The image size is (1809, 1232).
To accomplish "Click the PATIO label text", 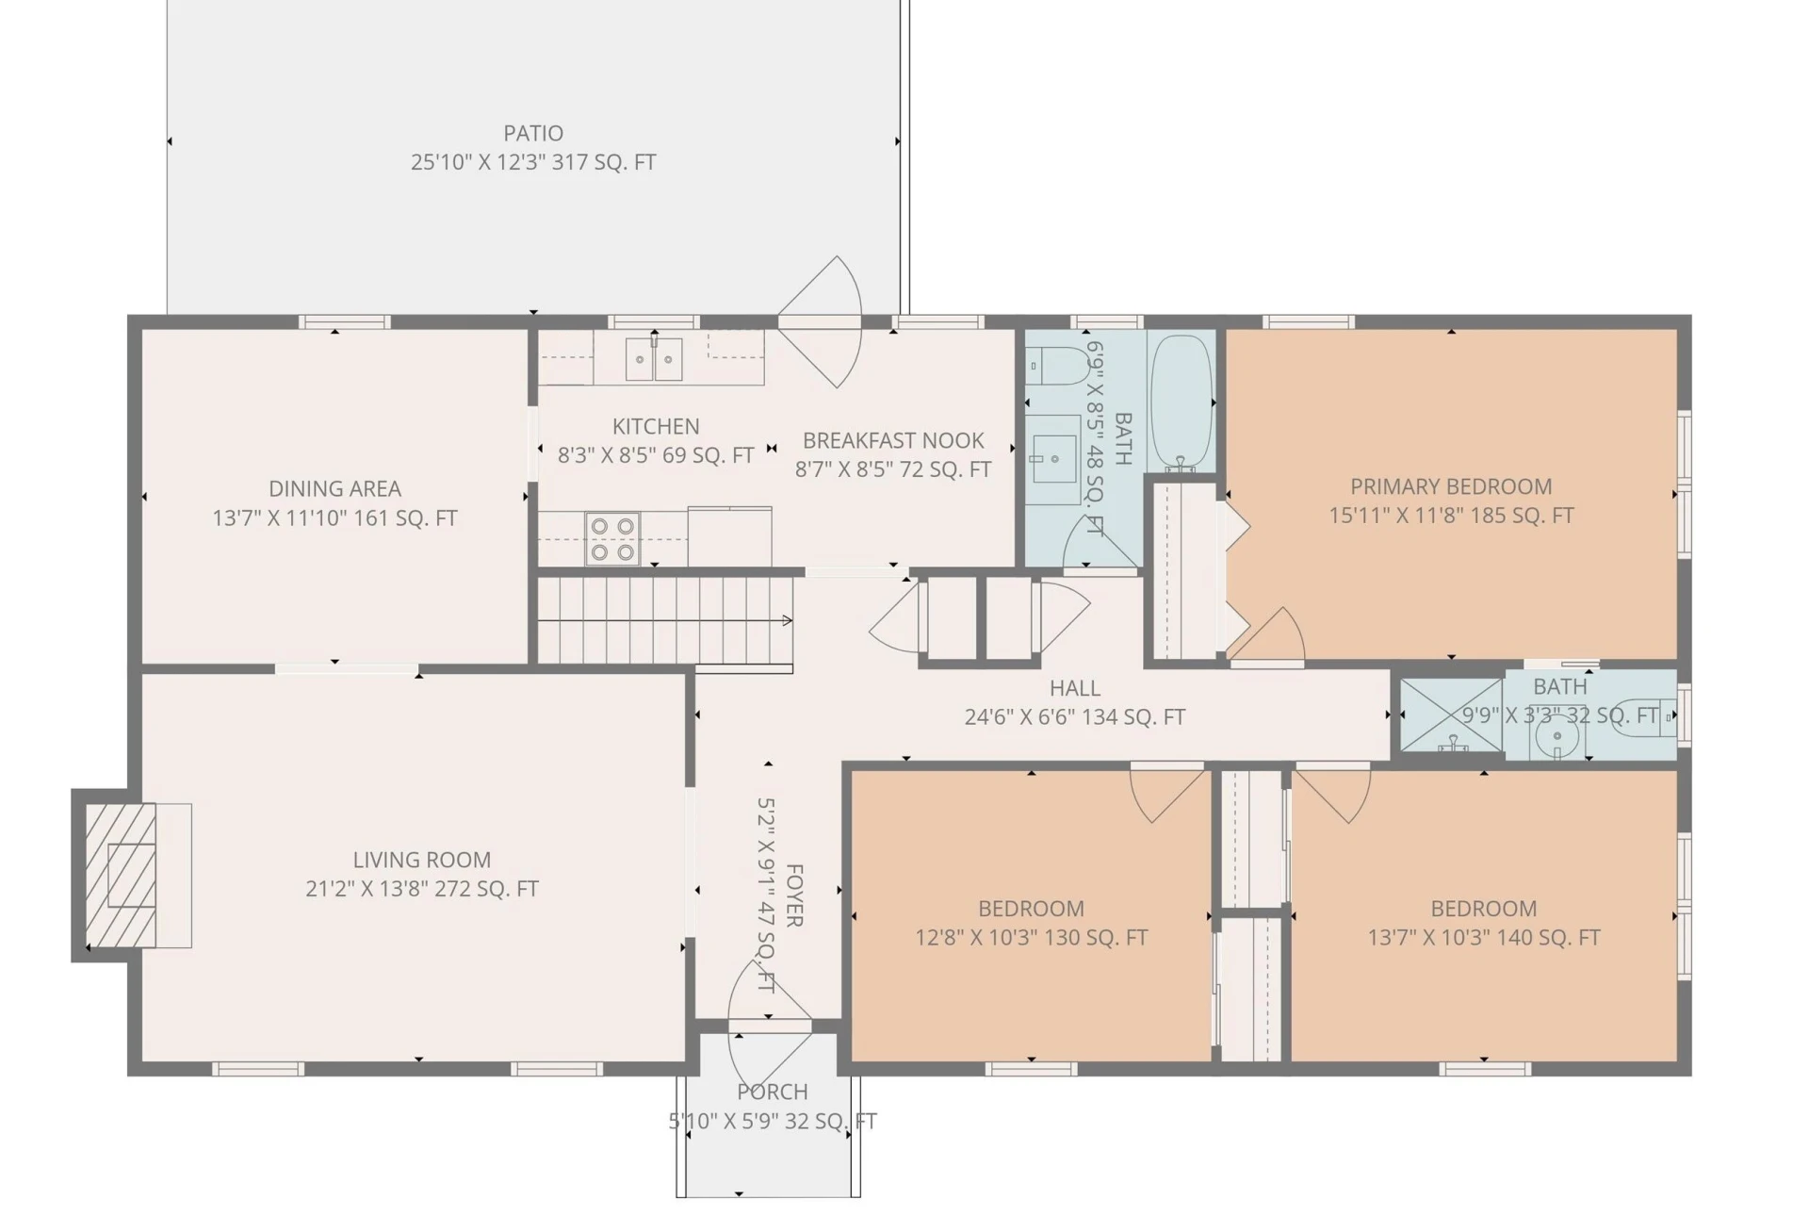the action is click(x=533, y=133).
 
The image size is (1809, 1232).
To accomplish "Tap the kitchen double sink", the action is click(x=654, y=358).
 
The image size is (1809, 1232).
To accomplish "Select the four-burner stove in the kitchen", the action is click(x=612, y=538).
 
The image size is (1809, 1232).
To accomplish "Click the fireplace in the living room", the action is click(x=121, y=875).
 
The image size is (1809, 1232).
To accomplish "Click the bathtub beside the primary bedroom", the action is click(x=1181, y=402).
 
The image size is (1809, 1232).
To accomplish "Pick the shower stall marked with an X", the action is click(x=1451, y=715).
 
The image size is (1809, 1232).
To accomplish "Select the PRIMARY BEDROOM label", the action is click(x=1451, y=486).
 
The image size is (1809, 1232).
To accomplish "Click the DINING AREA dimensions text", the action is click(x=334, y=517).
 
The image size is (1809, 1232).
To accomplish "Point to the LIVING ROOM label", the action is click(x=421, y=860).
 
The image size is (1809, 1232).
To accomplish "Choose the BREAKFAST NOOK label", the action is click(x=893, y=440).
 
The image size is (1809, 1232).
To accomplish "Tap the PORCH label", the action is click(x=773, y=1092).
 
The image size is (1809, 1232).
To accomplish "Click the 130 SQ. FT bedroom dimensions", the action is click(x=1031, y=938).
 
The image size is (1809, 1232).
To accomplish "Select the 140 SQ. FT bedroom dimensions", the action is click(x=1484, y=938).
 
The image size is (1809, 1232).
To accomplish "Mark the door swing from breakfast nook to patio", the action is click(x=820, y=321).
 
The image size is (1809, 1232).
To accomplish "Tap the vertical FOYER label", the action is click(x=794, y=895).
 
